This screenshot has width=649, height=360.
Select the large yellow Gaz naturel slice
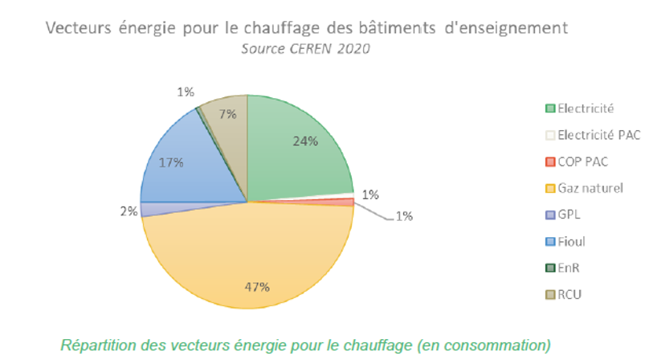[x=249, y=257]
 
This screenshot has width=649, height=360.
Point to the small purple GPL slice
[x=149, y=209]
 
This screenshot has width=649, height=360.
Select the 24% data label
[x=304, y=141]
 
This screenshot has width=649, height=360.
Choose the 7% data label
[x=227, y=114]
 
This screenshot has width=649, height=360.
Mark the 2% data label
[x=128, y=211]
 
